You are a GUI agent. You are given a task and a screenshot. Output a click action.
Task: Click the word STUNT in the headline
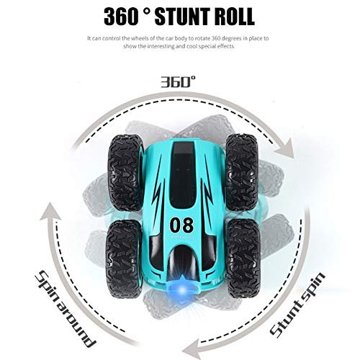pos(180,17)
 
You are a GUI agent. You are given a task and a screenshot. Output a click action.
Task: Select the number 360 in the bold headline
pos(121,17)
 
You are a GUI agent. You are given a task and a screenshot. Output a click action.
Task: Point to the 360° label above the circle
pos(178,82)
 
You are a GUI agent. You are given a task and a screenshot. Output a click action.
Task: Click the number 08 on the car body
pos(181,225)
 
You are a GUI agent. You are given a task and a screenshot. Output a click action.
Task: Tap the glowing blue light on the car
pos(183,290)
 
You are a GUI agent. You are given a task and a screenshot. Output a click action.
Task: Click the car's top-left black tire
pos(125,173)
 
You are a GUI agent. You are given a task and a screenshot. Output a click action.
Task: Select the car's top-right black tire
pos(241,172)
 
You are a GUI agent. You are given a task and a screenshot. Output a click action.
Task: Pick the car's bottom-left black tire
pos(123,258)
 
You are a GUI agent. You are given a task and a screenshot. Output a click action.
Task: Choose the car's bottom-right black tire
pos(243,258)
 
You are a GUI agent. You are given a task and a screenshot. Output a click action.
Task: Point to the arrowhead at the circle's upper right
pos(285,148)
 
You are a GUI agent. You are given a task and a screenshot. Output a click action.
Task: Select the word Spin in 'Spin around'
pos(46,284)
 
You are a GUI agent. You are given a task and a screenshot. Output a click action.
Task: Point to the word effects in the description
pos(225,46)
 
